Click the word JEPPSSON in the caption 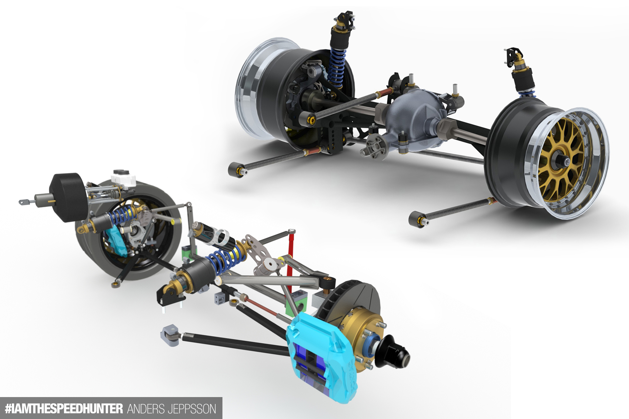coord(192,409)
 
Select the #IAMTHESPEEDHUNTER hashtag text coord(64,409)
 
